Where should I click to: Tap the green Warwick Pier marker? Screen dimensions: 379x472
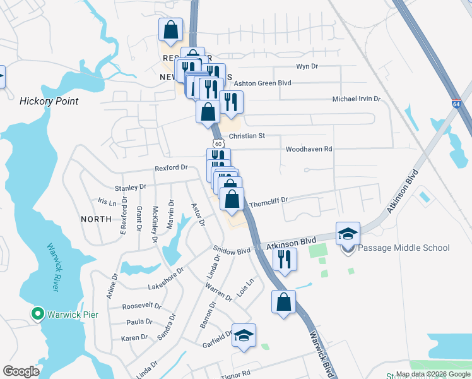pyautogui.click(x=37, y=313)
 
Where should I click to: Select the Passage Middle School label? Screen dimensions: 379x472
pyautogui.click(x=403, y=248)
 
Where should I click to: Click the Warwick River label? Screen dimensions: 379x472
pyautogui.click(x=52, y=268)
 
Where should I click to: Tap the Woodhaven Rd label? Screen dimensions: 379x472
pyautogui.click(x=309, y=149)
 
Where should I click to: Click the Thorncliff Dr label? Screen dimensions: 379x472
pyautogui.click(x=269, y=202)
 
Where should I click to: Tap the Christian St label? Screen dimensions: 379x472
pyautogui.click(x=247, y=136)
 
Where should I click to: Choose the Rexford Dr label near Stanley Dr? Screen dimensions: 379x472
pyautogui.click(x=172, y=168)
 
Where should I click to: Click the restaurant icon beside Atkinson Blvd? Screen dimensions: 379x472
pyautogui.click(x=284, y=260)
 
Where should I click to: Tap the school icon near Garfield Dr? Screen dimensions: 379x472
pyautogui.click(x=244, y=335)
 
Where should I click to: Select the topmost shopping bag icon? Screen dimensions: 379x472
pyautogui.click(x=170, y=29)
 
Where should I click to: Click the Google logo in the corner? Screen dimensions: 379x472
pyautogui.click(x=21, y=371)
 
